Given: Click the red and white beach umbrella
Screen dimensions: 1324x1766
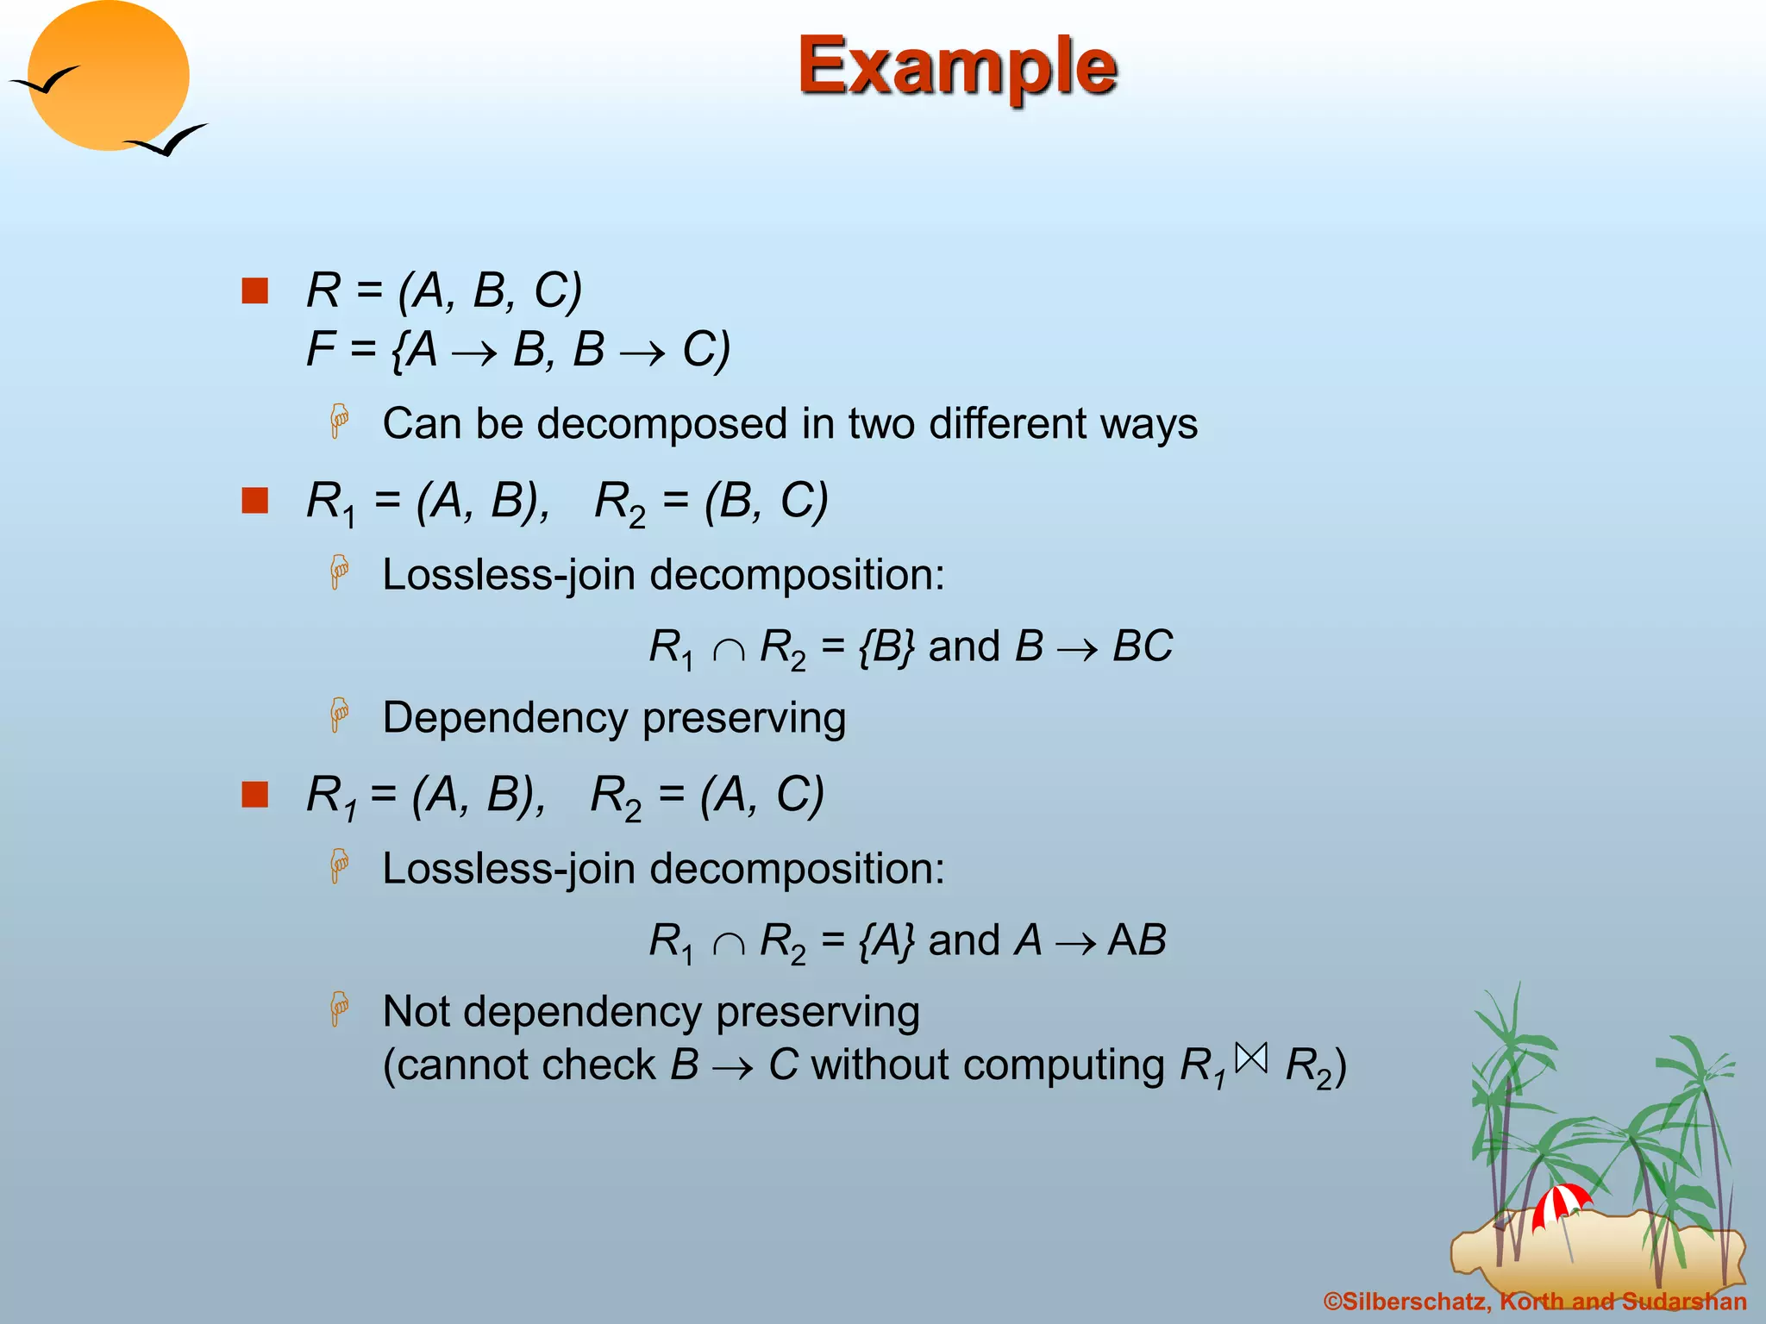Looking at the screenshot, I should coord(1561,1203).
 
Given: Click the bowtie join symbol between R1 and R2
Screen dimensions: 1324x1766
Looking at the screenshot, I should coord(1251,1058).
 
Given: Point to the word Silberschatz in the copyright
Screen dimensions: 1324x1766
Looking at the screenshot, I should coord(1414,1302).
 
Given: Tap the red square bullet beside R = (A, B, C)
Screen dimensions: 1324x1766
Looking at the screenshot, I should coord(254,290).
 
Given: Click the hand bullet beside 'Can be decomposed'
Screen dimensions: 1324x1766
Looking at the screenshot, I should coord(340,422).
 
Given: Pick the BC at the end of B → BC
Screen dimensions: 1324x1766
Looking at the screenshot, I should coord(1143,646).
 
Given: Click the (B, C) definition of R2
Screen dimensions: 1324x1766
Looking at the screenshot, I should coord(766,500).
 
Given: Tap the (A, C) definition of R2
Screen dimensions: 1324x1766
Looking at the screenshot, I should coord(762,794).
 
